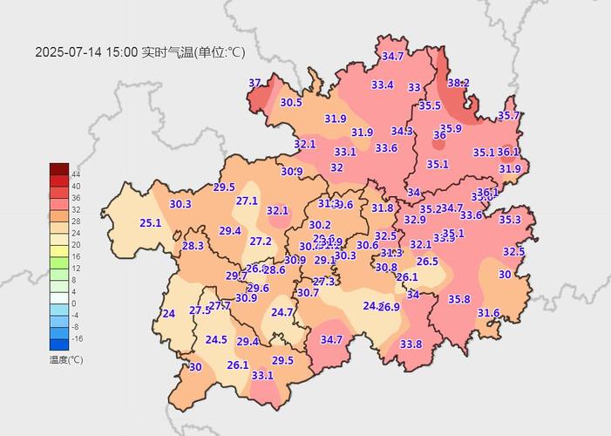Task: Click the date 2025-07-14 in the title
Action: [x=69, y=52]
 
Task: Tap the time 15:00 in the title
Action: [x=122, y=52]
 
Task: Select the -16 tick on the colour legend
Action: [x=77, y=337]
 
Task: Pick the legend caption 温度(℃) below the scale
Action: [x=66, y=358]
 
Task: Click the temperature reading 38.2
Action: [x=458, y=83]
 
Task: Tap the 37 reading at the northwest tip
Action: [x=255, y=83]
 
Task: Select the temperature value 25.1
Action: [x=151, y=223]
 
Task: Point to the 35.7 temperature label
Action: [x=509, y=116]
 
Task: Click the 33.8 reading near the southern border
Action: [x=411, y=344]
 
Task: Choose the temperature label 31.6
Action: [x=489, y=313]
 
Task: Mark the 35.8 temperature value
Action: [x=459, y=299]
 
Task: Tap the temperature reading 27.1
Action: [x=247, y=201]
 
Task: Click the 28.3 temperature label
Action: [x=193, y=246]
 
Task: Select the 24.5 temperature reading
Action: [x=216, y=340]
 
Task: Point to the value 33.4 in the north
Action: [x=383, y=85]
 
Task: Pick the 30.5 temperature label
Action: [x=291, y=102]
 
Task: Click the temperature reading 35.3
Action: [x=510, y=220]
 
